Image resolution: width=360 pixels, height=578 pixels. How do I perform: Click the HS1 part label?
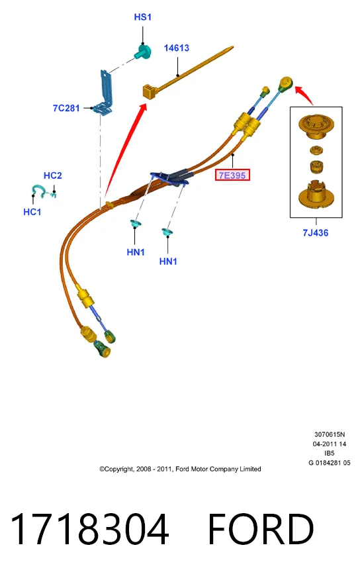click(142, 17)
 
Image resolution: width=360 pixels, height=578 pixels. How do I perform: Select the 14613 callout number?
click(177, 48)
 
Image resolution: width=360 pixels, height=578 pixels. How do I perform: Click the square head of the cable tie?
click(149, 91)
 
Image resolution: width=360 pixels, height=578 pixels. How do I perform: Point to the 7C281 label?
click(66, 108)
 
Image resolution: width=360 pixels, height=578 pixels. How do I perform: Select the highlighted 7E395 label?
click(232, 175)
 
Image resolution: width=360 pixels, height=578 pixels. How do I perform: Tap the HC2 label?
click(53, 175)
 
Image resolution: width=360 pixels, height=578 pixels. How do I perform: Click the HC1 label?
click(32, 212)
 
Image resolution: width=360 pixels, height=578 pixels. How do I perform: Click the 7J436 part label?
click(316, 232)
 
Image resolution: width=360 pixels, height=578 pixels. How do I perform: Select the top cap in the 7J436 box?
click(316, 127)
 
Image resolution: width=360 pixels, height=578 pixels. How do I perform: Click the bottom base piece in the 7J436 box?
click(316, 195)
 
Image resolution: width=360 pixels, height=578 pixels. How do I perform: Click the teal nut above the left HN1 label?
click(135, 223)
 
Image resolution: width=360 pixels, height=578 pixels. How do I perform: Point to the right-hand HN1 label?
click(168, 262)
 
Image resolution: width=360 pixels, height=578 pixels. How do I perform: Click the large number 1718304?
click(89, 529)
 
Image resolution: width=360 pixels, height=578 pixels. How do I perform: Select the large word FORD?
click(261, 529)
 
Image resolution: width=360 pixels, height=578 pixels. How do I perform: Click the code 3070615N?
click(330, 434)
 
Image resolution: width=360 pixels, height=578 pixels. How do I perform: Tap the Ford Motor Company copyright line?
click(180, 469)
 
